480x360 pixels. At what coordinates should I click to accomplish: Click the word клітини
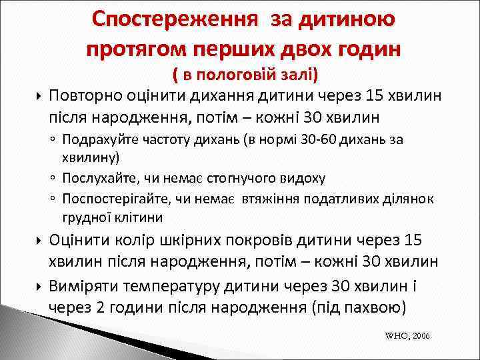coord(137,217)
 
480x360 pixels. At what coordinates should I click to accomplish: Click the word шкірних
coord(207,241)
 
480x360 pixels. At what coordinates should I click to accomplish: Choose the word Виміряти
coord(86,286)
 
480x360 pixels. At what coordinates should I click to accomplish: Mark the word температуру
coord(183,286)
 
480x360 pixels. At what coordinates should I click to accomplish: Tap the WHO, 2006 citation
coord(407,336)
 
